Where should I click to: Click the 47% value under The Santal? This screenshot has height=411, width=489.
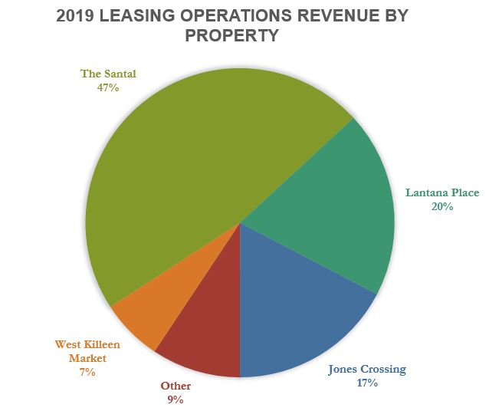pos(108,87)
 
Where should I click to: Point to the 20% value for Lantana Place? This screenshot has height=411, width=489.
pos(441,206)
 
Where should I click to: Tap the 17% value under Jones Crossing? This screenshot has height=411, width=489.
pos(366,383)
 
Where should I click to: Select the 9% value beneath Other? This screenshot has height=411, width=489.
pos(176,399)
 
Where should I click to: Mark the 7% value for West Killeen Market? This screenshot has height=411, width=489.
pos(87,372)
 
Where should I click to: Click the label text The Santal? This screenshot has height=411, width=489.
pos(108,74)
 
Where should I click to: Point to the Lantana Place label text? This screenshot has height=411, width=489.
pos(441,192)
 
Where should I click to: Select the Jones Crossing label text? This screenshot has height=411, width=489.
pos(367,369)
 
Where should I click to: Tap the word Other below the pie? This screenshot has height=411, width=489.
pos(176,386)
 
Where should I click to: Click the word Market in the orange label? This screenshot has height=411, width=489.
pos(87,358)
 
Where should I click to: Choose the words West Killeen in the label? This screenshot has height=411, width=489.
pos(87,345)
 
